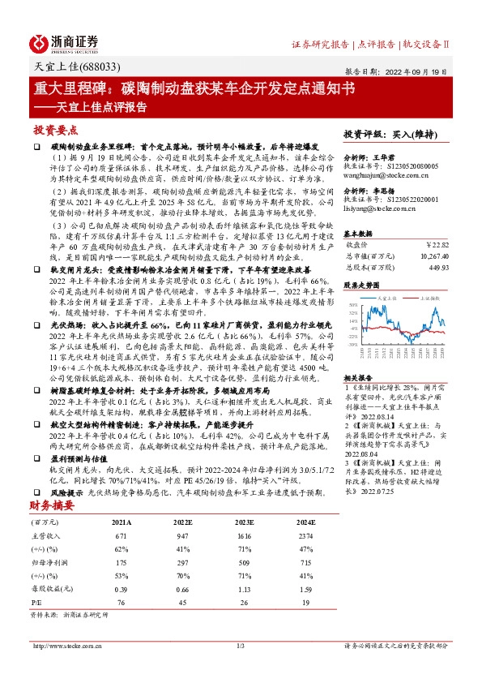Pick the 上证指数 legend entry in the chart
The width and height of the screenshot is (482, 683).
tap(429, 298)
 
